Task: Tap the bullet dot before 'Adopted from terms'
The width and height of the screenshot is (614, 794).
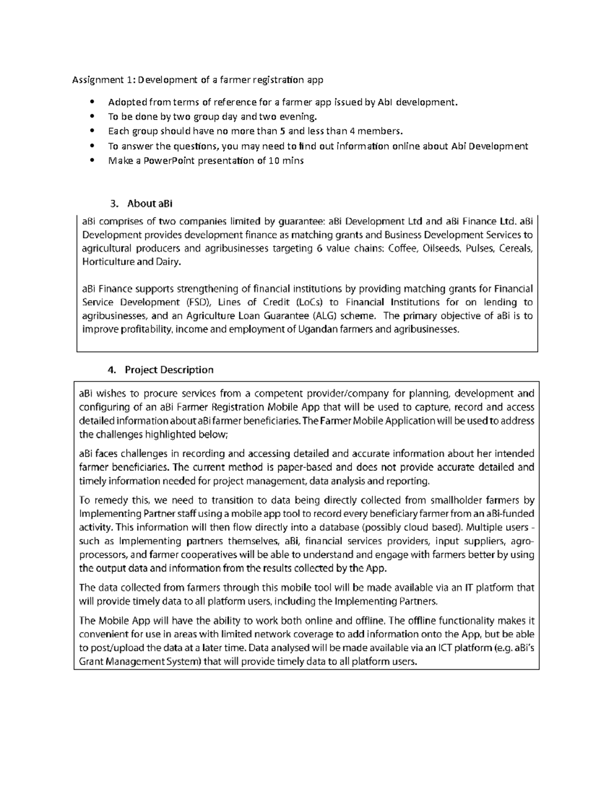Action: [92, 102]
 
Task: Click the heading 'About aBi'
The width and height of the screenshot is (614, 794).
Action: [149, 203]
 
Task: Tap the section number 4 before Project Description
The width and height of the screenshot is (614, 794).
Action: [111, 370]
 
